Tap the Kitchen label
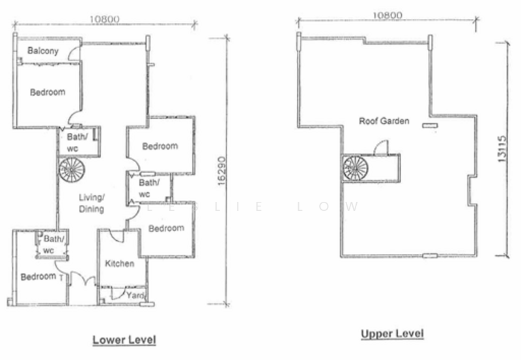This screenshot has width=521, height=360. point(120,264)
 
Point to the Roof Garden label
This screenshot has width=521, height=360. point(384,121)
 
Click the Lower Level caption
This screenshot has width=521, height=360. point(124,340)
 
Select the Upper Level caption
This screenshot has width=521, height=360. point(392,334)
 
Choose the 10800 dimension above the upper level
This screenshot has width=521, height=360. point(387,16)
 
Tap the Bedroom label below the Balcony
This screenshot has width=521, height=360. point(48,92)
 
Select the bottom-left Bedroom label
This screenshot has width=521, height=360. point(37,277)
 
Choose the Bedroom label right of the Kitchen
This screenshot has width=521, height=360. point(166,228)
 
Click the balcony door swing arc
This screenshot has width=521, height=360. point(74,54)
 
